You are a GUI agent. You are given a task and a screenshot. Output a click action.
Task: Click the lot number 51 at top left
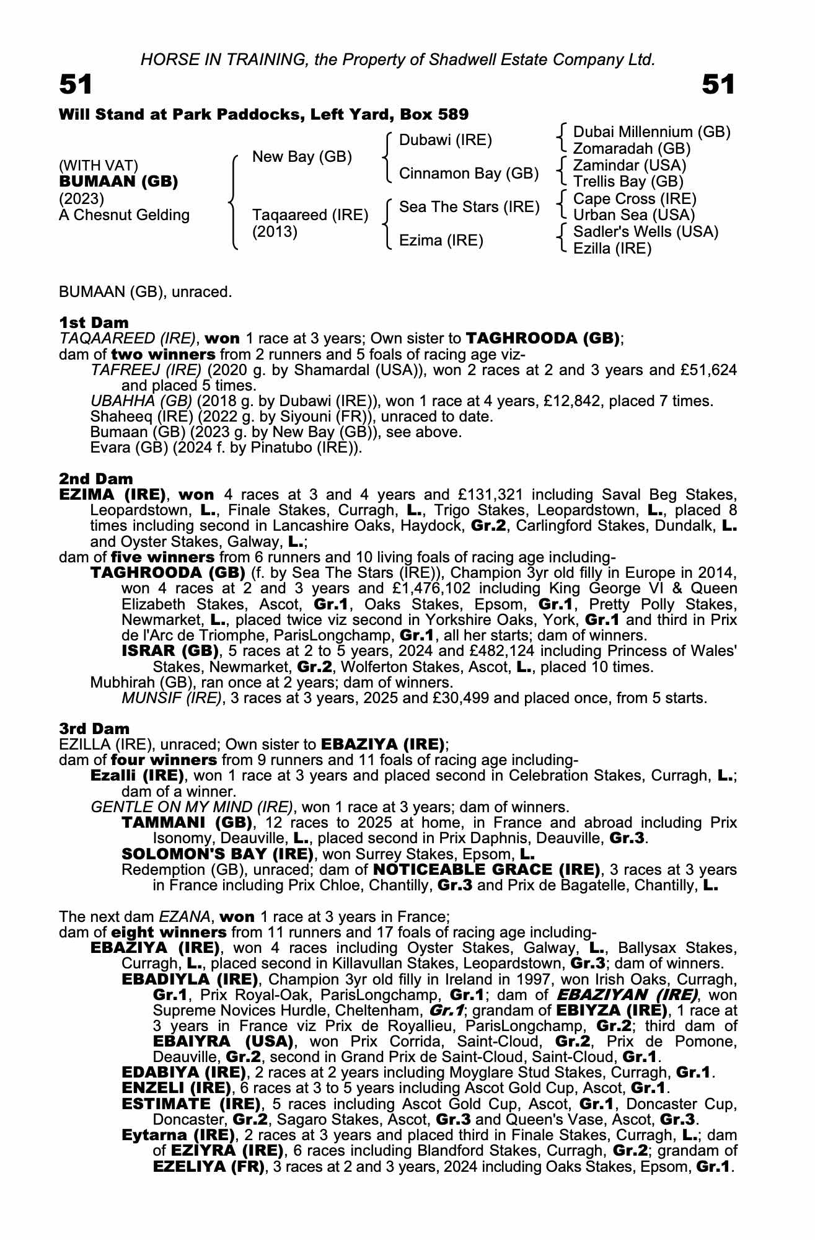[76, 84]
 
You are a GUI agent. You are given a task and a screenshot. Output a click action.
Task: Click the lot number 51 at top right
[718, 84]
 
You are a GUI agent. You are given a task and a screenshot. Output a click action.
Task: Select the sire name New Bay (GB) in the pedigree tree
[302, 157]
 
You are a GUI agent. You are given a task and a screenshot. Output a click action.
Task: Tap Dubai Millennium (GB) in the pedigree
[651, 132]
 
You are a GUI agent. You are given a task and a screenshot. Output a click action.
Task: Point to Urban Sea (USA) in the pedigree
[633, 215]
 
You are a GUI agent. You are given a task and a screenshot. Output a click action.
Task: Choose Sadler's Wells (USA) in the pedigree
[646, 232]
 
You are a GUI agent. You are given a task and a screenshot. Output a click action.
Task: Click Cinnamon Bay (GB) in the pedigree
[469, 174]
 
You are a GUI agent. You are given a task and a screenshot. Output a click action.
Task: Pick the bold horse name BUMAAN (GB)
[118, 182]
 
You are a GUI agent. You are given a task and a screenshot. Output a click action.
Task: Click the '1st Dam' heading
[94, 322]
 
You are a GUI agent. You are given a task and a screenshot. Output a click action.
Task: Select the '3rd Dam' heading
[94, 728]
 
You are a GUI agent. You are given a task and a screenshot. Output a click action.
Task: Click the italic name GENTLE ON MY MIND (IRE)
[192, 807]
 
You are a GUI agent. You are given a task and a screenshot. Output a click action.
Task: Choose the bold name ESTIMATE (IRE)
[191, 1104]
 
